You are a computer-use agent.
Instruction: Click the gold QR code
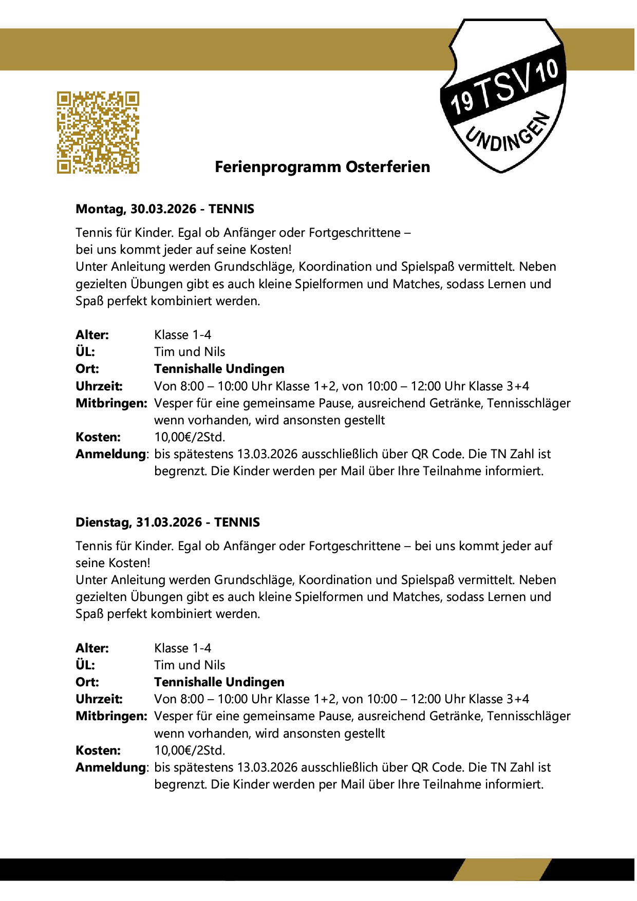(98, 133)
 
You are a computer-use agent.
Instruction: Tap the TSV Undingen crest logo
(504, 96)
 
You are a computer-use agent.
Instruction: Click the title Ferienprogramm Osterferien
(322, 167)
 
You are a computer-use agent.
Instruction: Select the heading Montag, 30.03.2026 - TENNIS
(165, 209)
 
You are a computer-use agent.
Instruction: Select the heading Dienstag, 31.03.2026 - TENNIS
(167, 522)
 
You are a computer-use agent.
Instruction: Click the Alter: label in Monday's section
(92, 335)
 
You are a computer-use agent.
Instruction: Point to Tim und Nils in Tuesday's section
(190, 665)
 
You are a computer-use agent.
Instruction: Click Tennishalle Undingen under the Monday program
(219, 369)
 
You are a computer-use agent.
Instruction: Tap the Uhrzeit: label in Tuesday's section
(99, 699)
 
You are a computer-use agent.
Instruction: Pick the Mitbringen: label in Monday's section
(111, 403)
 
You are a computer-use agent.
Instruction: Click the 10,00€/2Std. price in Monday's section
(190, 437)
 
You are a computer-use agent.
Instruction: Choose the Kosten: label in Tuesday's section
(98, 750)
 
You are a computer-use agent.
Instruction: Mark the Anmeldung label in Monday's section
(111, 454)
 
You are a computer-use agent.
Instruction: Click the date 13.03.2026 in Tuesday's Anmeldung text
(267, 767)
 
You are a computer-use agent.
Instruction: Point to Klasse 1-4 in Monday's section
(182, 335)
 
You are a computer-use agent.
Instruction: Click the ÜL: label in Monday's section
(85, 352)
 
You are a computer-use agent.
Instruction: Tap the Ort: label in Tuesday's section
(87, 682)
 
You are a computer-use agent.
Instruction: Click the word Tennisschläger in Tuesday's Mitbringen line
(529, 716)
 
